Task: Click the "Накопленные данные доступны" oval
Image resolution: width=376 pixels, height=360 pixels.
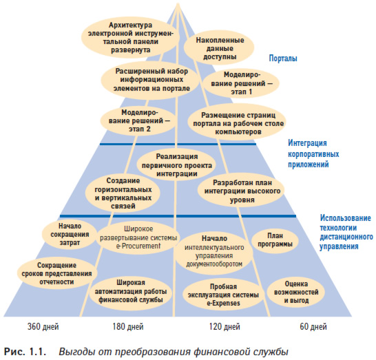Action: point(219,48)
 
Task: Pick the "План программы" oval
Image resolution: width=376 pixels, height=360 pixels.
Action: point(275,240)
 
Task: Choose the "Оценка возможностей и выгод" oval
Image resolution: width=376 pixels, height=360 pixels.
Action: point(296,292)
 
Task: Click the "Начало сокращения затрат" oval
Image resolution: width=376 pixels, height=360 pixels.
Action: point(70,235)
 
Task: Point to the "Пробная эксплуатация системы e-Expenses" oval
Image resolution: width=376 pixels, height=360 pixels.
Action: point(223,295)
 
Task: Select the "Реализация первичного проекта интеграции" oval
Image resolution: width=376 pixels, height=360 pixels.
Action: point(177,165)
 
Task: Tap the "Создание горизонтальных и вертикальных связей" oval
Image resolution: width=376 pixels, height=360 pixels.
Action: point(123,193)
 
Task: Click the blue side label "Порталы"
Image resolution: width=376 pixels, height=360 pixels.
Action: point(283,59)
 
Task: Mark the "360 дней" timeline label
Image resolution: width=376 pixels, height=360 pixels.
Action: point(43,327)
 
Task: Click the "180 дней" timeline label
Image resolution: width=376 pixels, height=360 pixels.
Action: point(128,327)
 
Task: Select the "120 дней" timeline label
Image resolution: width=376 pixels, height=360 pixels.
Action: point(224,327)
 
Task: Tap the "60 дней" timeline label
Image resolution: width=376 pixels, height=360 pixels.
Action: point(313,327)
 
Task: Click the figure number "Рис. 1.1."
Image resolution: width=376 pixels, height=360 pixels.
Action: point(25,352)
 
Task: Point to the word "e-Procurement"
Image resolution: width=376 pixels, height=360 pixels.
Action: point(138,246)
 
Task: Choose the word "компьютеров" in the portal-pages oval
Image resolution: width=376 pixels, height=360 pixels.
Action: point(238,132)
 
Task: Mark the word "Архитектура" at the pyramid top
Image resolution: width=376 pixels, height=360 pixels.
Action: point(130,25)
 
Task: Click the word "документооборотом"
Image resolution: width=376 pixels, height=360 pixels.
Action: point(214,264)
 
